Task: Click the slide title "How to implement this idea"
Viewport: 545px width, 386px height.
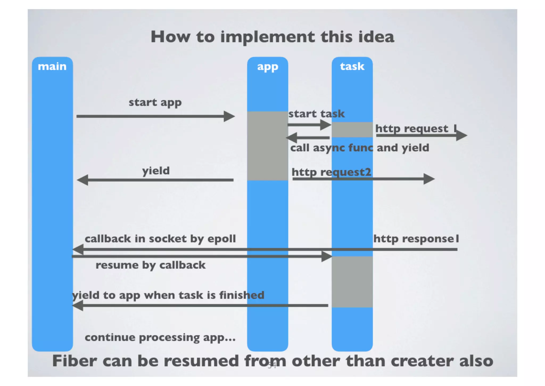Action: click(272, 37)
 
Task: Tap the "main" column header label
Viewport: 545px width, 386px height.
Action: click(52, 66)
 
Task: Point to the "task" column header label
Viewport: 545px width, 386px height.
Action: click(352, 66)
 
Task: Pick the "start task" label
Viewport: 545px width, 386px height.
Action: click(316, 114)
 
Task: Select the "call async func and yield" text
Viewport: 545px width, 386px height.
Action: click(360, 148)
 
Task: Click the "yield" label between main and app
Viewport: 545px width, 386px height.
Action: click(156, 171)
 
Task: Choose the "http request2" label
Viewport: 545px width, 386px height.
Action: click(331, 172)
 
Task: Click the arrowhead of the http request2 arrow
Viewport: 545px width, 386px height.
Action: click(429, 179)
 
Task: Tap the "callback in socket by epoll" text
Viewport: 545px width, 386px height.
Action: click(160, 239)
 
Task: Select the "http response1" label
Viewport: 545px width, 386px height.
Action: click(416, 239)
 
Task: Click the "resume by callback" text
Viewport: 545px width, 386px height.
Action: click(150, 265)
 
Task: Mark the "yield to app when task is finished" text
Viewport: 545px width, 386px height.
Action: click(168, 295)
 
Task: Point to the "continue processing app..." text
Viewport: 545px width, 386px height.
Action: click(160, 337)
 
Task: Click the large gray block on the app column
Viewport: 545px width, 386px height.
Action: click(267, 146)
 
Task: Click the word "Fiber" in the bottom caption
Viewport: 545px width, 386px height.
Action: click(74, 361)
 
